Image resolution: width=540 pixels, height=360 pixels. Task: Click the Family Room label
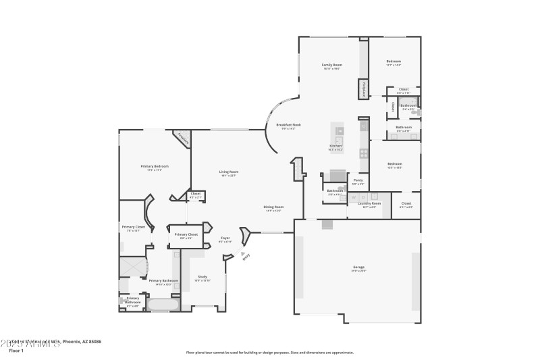click(x=331, y=66)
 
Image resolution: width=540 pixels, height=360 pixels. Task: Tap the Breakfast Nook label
click(x=288, y=126)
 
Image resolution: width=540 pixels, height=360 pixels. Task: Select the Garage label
click(x=358, y=267)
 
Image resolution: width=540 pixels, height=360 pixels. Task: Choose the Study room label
click(x=202, y=277)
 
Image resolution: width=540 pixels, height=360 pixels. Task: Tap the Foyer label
click(x=226, y=238)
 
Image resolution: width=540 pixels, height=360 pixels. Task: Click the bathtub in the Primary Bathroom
click(x=163, y=305)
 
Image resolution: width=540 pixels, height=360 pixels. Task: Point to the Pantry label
click(x=358, y=180)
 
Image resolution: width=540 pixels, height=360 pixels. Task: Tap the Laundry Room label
click(x=371, y=203)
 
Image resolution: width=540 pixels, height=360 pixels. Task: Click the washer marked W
click(x=352, y=197)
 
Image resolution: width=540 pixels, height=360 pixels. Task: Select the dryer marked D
click(x=359, y=197)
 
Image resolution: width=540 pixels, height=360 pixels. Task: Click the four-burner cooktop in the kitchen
click(x=364, y=155)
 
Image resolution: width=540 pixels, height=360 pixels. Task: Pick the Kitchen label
click(x=335, y=147)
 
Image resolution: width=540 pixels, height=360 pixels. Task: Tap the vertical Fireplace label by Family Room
click(x=363, y=89)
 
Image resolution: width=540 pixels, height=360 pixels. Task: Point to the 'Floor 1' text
click(x=16, y=351)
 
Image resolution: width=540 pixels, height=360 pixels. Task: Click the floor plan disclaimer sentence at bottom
click(x=269, y=352)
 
